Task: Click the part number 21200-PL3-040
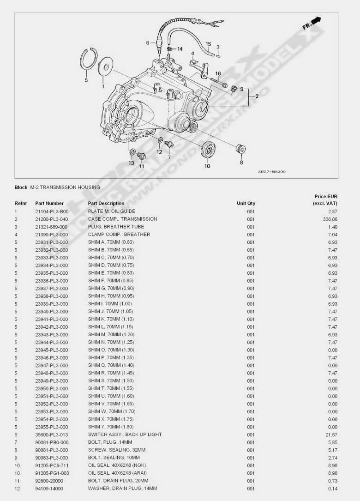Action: pyautogui.click(x=51, y=219)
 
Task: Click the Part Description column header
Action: pyautogui.click(x=106, y=203)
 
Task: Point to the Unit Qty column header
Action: pyautogui.click(x=246, y=203)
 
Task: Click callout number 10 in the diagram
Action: pyautogui.click(x=207, y=166)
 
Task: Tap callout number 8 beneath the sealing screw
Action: pyautogui.click(x=241, y=162)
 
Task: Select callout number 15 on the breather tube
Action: pyautogui.click(x=208, y=44)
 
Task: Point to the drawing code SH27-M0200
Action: pyautogui.click(x=272, y=172)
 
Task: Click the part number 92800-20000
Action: pyautogui.click(x=49, y=481)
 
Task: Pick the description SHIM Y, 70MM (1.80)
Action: pyautogui.click(x=111, y=427)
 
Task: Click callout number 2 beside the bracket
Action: pyautogui.click(x=257, y=96)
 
